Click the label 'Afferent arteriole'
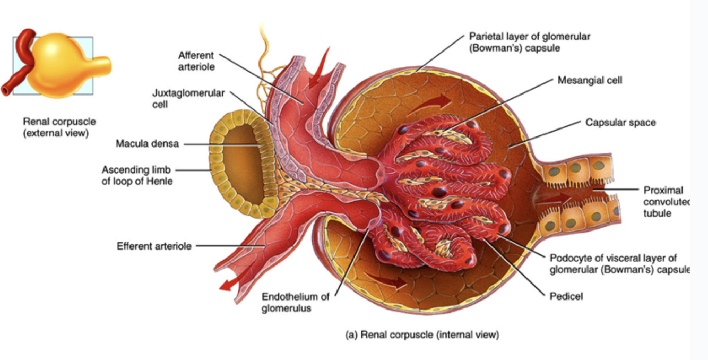[196, 62]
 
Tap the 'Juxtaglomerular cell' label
[188, 99]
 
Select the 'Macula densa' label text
[147, 144]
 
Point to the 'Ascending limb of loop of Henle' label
[137, 175]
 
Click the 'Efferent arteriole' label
[154, 246]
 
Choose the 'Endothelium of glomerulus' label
[295, 302]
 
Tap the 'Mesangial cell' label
[590, 80]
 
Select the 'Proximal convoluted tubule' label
[666, 201]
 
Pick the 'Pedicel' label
[566, 296]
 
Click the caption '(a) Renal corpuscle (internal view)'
[422, 335]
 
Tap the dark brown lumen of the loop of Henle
[240, 165]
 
